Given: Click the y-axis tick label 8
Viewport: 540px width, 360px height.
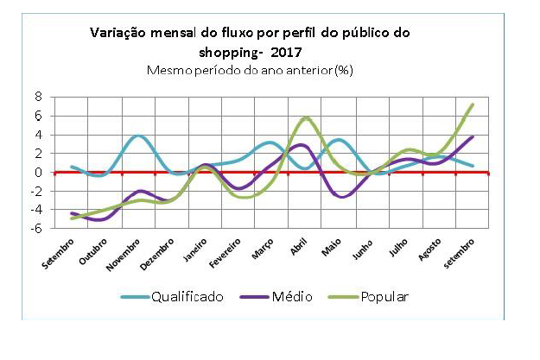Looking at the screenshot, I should point(37,98).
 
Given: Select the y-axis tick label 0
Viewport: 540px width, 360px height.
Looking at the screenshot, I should point(37,173).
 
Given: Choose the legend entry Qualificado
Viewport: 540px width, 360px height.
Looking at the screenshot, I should point(187,297).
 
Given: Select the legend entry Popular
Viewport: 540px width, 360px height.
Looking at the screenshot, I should point(378,297).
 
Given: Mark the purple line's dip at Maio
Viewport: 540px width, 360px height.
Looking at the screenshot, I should point(343,197).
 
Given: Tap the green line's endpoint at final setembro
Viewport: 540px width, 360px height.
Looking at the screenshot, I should point(473,104).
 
